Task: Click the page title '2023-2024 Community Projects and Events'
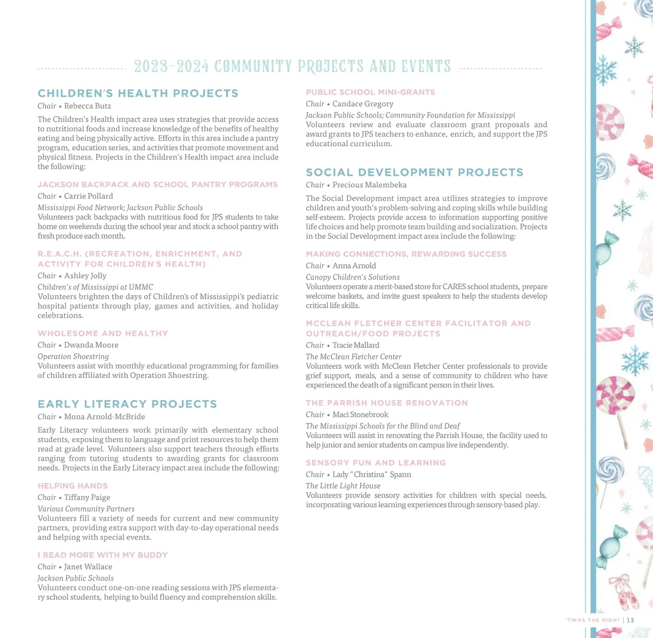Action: (x=292, y=66)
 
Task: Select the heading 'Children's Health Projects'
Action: (x=138, y=94)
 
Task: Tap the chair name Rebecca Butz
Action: (x=88, y=106)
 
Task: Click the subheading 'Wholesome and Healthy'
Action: (x=103, y=333)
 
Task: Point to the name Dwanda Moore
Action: (x=91, y=345)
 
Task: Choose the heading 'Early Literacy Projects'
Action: (x=127, y=404)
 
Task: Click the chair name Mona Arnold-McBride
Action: (x=104, y=417)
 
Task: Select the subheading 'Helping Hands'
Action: (x=73, y=486)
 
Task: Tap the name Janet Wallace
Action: (x=88, y=567)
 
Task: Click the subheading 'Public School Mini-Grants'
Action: (x=370, y=93)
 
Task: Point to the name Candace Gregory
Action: (x=363, y=104)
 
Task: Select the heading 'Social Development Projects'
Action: (x=414, y=173)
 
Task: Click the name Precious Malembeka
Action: (x=369, y=185)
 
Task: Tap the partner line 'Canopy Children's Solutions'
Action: (x=353, y=277)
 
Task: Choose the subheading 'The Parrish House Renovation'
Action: (x=387, y=403)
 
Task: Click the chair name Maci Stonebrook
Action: (x=360, y=415)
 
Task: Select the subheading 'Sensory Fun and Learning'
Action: (x=375, y=463)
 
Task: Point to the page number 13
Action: (x=630, y=620)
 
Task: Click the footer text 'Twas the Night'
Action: (x=593, y=620)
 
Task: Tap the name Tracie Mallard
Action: (x=356, y=346)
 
